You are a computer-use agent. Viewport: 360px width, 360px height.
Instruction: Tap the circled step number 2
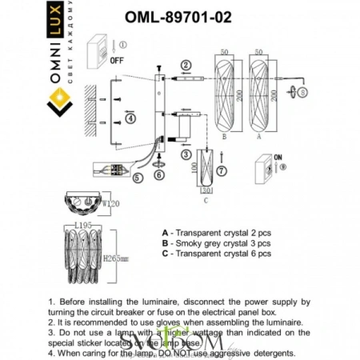pos(186,65)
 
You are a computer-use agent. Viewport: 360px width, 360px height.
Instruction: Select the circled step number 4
pos(130,118)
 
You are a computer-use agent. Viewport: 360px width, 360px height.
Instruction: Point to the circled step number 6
pos(158,174)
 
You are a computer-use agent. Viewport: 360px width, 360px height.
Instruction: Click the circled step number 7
pos(222,170)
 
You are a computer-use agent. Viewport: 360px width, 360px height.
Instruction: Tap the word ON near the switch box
pos(278,158)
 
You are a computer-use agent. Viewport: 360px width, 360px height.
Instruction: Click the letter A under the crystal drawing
pos(260,138)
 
